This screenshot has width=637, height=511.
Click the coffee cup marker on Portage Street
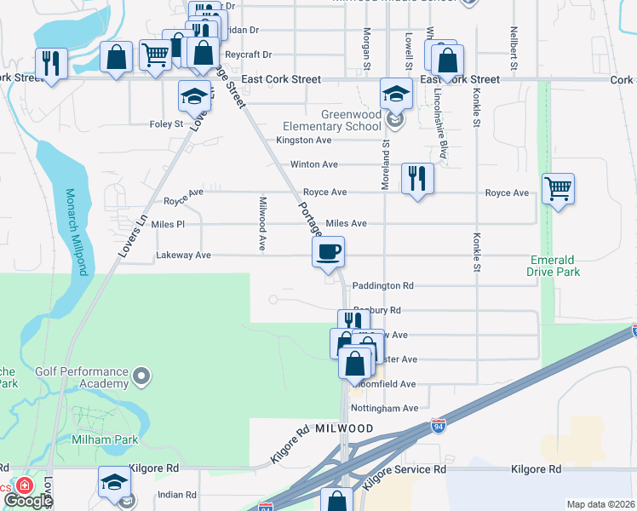328,252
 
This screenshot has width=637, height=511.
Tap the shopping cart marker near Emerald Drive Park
558,189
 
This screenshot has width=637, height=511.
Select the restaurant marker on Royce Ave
416,179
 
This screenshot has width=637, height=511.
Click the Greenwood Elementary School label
351,121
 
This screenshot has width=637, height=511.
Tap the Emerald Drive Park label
554,266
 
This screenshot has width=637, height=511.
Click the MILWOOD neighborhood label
345,429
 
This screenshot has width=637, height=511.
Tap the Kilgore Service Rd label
404,469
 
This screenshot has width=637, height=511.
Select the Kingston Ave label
303,141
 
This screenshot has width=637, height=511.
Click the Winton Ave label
314,164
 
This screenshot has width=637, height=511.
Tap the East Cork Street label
281,79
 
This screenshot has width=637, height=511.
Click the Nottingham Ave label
385,408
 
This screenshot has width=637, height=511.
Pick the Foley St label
167,124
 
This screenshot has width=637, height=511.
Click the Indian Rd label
178,494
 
